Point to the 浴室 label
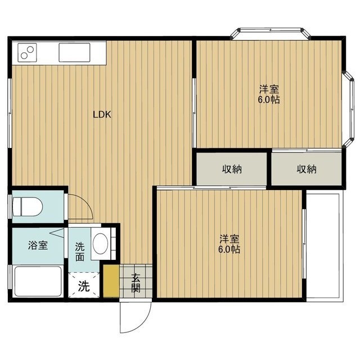coord(38,245)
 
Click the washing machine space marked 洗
coord(83,286)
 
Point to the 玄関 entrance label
coord(136,282)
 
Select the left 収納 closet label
coord(231,169)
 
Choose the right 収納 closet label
coord(307,169)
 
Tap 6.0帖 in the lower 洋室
coord(229,248)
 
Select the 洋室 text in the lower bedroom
coord(229,238)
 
